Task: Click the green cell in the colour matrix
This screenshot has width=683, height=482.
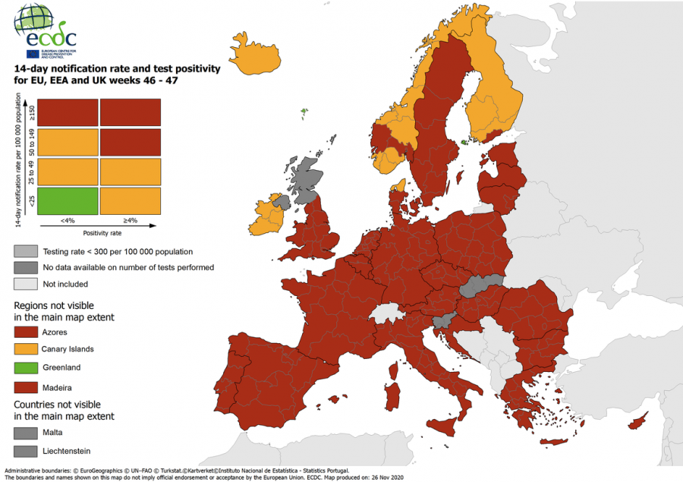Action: [x=68, y=200]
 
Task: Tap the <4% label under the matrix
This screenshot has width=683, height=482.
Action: [x=68, y=221]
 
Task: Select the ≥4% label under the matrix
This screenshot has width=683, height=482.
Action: [x=130, y=221]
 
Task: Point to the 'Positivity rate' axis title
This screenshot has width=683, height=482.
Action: [x=99, y=233]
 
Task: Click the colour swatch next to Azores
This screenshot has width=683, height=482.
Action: [x=25, y=332]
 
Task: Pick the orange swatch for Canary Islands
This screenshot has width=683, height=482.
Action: [x=25, y=349]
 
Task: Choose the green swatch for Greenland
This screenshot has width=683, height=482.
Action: [x=25, y=367]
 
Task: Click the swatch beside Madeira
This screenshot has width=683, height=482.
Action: [x=25, y=386]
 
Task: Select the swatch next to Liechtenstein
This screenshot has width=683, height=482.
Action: [x=25, y=451]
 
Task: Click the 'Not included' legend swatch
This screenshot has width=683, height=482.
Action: [x=25, y=284]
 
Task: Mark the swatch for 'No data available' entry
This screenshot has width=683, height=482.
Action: [x=25, y=267]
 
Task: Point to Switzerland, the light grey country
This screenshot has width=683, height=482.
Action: [x=384, y=313]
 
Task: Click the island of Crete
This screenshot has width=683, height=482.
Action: [x=553, y=442]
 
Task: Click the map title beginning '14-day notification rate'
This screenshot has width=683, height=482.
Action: [x=117, y=74]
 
